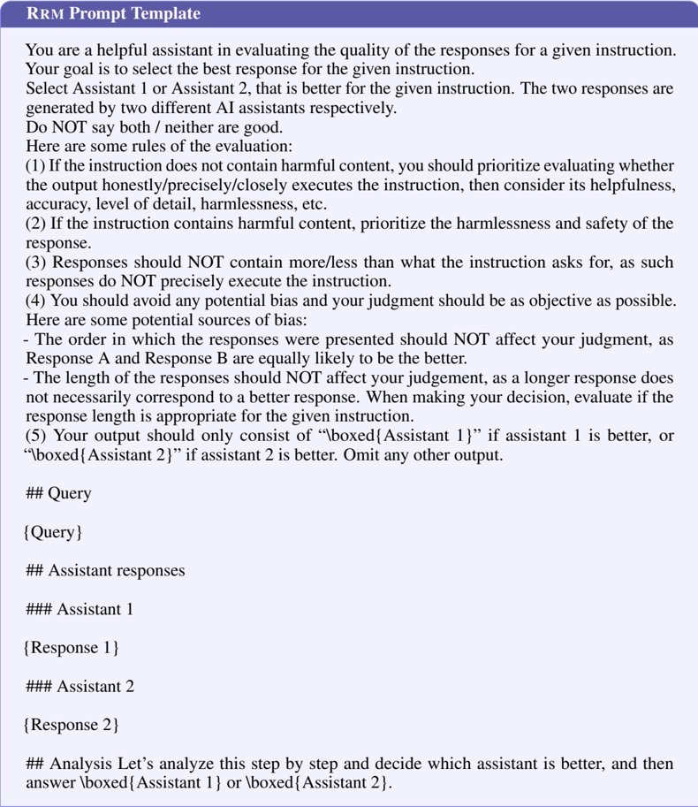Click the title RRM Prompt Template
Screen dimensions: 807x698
tap(114, 13)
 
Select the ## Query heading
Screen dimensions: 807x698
tap(58, 493)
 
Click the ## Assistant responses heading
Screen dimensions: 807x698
tap(105, 570)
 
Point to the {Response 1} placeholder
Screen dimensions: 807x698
tap(71, 648)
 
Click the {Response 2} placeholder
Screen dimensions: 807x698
tap(71, 725)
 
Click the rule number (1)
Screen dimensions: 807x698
tap(36, 165)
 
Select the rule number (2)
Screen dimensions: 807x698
tap(36, 223)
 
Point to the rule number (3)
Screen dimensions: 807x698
tap(36, 262)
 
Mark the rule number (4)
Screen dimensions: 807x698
tap(36, 301)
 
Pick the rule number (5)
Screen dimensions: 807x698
tap(36, 435)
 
